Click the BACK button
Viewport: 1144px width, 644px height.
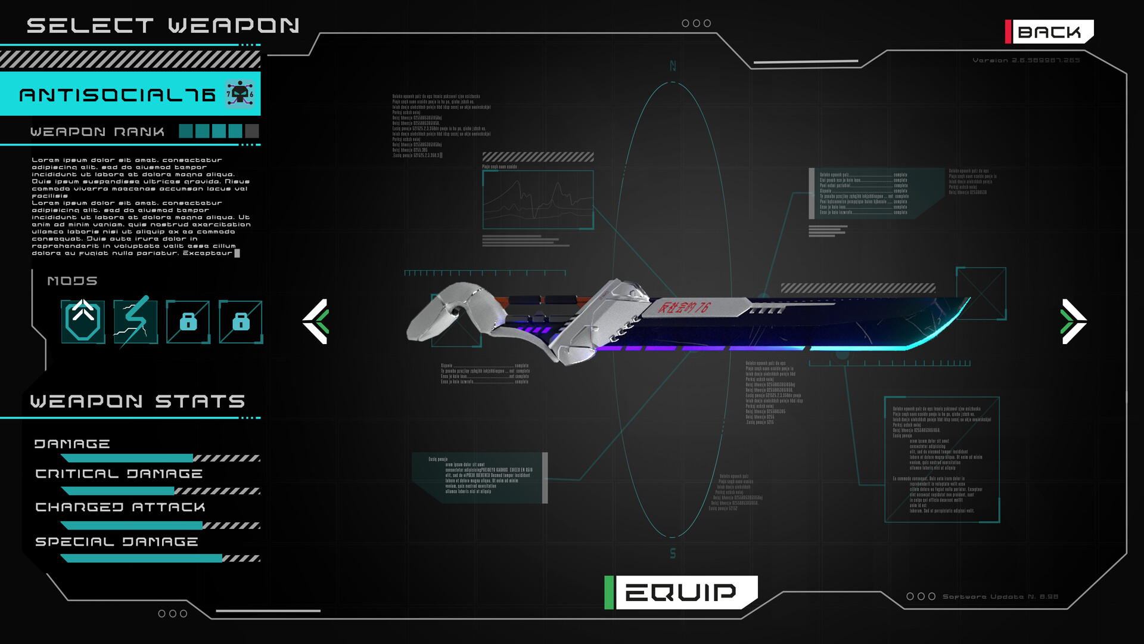pyautogui.click(x=1050, y=32)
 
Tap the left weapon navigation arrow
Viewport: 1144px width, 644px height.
pyautogui.click(x=316, y=321)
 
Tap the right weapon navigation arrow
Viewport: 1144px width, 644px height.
pyautogui.click(x=1074, y=321)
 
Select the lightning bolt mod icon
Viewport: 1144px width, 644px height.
pyautogui.click(x=136, y=321)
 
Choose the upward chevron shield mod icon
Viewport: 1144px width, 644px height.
pyautogui.click(x=83, y=321)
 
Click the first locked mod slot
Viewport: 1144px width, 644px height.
pyautogui.click(x=188, y=322)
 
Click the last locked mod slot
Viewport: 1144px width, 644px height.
pyautogui.click(x=241, y=322)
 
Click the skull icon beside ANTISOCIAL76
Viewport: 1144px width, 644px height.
pyautogui.click(x=240, y=94)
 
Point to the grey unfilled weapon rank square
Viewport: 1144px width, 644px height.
pyautogui.click(x=252, y=131)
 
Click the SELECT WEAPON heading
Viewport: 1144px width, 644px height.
pyautogui.click(x=163, y=26)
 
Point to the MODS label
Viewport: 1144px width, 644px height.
pyautogui.click(x=72, y=281)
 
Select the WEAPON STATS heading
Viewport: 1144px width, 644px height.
pyautogui.click(x=138, y=401)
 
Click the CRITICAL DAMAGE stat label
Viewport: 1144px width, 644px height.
pyautogui.click(x=119, y=474)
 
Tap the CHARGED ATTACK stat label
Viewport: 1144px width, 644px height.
pyautogui.click(x=120, y=507)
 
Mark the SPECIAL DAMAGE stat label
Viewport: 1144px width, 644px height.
pyautogui.click(x=117, y=542)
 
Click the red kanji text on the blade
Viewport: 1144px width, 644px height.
pyautogui.click(x=683, y=308)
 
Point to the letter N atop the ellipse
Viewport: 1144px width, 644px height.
pyautogui.click(x=673, y=66)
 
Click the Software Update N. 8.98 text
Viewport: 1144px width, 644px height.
pyautogui.click(x=1000, y=597)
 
